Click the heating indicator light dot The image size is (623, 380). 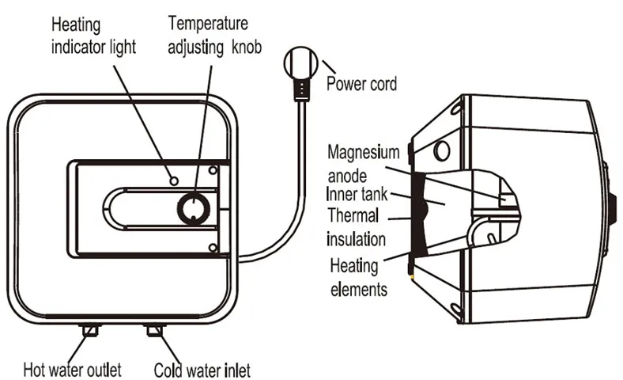174,181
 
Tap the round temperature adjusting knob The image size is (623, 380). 194,207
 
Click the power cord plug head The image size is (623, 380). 301,63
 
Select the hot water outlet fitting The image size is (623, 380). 90,330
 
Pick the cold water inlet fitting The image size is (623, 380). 154,330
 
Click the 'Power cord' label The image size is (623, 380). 361,85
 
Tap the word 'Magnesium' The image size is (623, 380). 363,153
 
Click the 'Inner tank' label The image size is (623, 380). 357,194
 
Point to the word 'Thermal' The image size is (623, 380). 353,215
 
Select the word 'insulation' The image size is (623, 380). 356,240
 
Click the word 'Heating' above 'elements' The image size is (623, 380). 354,266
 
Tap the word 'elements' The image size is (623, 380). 359,289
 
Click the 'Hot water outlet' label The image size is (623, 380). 72,370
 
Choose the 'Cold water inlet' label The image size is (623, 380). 202,370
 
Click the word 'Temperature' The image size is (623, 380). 208,24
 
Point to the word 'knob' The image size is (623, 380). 247,47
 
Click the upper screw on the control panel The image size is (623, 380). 213,171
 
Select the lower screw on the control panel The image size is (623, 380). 213,248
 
